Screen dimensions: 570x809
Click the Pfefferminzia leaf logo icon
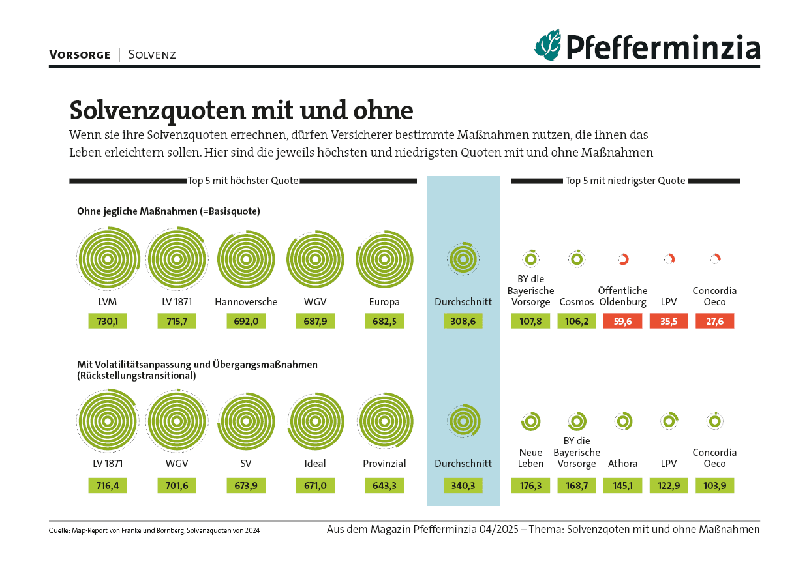click(x=548, y=45)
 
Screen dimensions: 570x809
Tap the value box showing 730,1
click(x=108, y=321)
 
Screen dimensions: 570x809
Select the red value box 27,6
click(x=714, y=321)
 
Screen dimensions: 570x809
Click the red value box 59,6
click(x=622, y=321)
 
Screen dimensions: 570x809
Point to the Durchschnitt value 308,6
click(x=463, y=321)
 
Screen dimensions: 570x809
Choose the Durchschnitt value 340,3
click(x=463, y=485)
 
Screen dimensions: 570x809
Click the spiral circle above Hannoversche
click(x=246, y=260)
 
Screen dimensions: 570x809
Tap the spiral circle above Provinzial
click(x=384, y=421)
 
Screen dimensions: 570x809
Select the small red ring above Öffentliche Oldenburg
click(x=622, y=260)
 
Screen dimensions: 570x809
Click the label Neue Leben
click(x=530, y=458)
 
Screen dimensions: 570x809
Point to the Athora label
click(x=622, y=464)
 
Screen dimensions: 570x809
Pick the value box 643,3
click(x=384, y=485)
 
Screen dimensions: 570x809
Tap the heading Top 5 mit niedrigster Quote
click(x=625, y=181)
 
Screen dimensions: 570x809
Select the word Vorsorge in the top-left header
click(x=80, y=55)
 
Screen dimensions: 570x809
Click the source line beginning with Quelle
click(x=154, y=530)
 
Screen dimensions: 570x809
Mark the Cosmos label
click(x=577, y=302)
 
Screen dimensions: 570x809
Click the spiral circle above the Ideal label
click(x=315, y=421)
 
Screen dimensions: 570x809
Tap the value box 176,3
click(x=530, y=485)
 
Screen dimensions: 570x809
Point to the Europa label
click(x=384, y=302)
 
